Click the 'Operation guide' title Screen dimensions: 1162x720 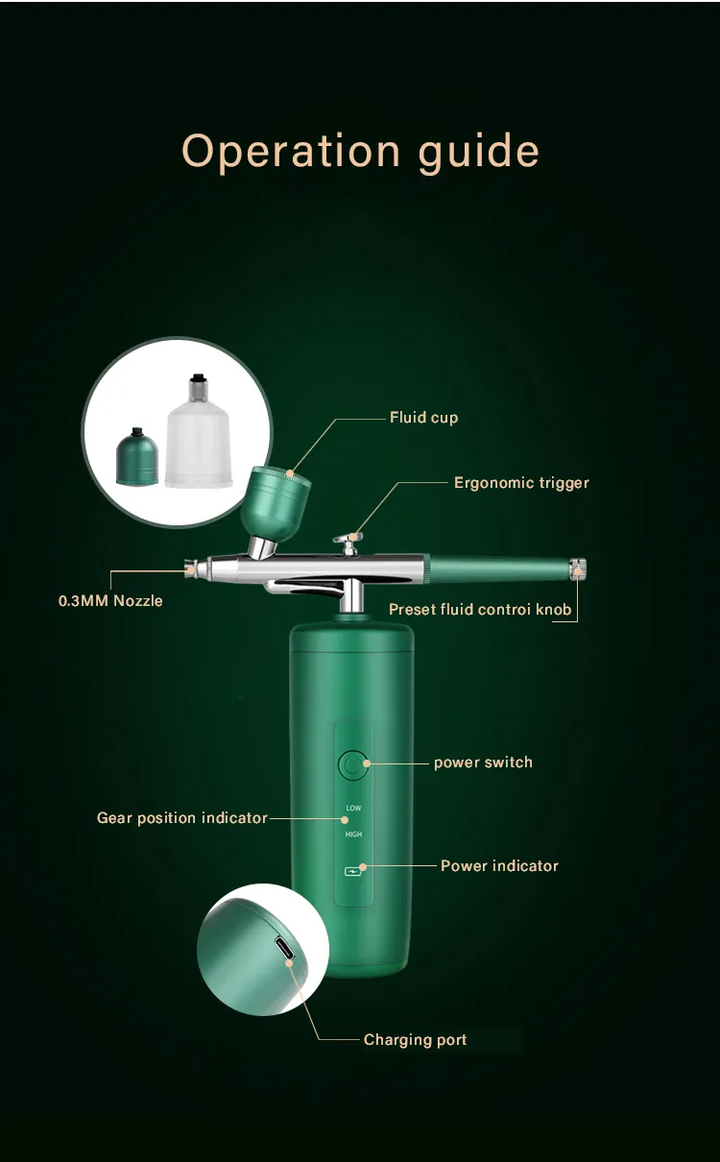pyautogui.click(x=360, y=152)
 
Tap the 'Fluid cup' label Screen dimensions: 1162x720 pyautogui.click(x=423, y=418)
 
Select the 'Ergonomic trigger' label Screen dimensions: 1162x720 pyautogui.click(x=521, y=483)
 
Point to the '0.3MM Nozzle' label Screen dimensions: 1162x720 pyautogui.click(x=110, y=601)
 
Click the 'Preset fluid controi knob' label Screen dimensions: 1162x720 pyautogui.click(x=480, y=610)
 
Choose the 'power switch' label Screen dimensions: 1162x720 pyautogui.click(x=483, y=763)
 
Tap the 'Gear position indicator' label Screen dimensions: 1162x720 pyautogui.click(x=181, y=818)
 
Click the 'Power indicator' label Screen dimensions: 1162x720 pyautogui.click(x=499, y=866)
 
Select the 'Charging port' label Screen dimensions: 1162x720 pyautogui.click(x=415, y=1040)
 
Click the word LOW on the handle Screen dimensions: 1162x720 pyautogui.click(x=353, y=808)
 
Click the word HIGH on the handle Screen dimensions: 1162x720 pyautogui.click(x=353, y=835)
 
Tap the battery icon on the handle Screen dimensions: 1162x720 pyautogui.click(x=353, y=872)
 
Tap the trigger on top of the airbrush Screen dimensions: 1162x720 pyautogui.click(x=348, y=542)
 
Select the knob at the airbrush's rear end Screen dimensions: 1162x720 pyautogui.click(x=577, y=569)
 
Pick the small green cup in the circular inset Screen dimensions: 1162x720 pyautogui.click(x=136, y=458)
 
